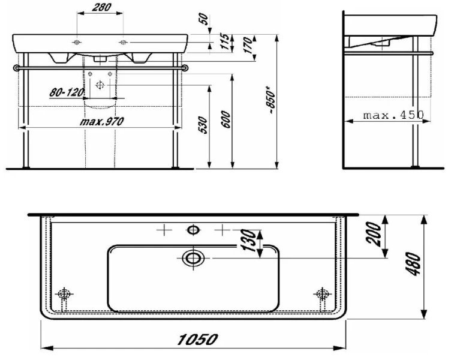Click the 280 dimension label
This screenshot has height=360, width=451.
pos(100,8)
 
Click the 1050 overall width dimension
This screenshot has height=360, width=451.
pos(193,340)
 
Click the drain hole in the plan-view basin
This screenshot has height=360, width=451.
pos(193,258)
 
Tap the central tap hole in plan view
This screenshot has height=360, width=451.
pos(193,229)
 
